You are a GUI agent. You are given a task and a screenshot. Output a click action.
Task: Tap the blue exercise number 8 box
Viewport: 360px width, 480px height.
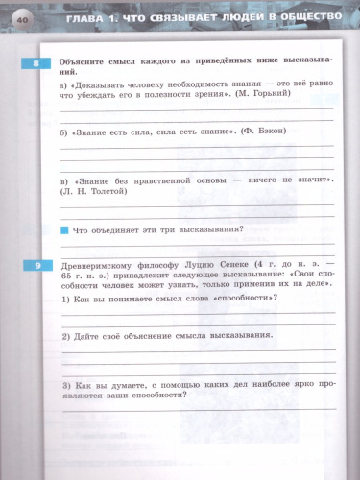[36, 64]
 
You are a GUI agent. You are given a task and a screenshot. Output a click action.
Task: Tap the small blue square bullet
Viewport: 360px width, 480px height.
[64, 228]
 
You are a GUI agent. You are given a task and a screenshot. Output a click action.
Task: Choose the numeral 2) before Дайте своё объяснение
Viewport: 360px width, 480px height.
[64, 335]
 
